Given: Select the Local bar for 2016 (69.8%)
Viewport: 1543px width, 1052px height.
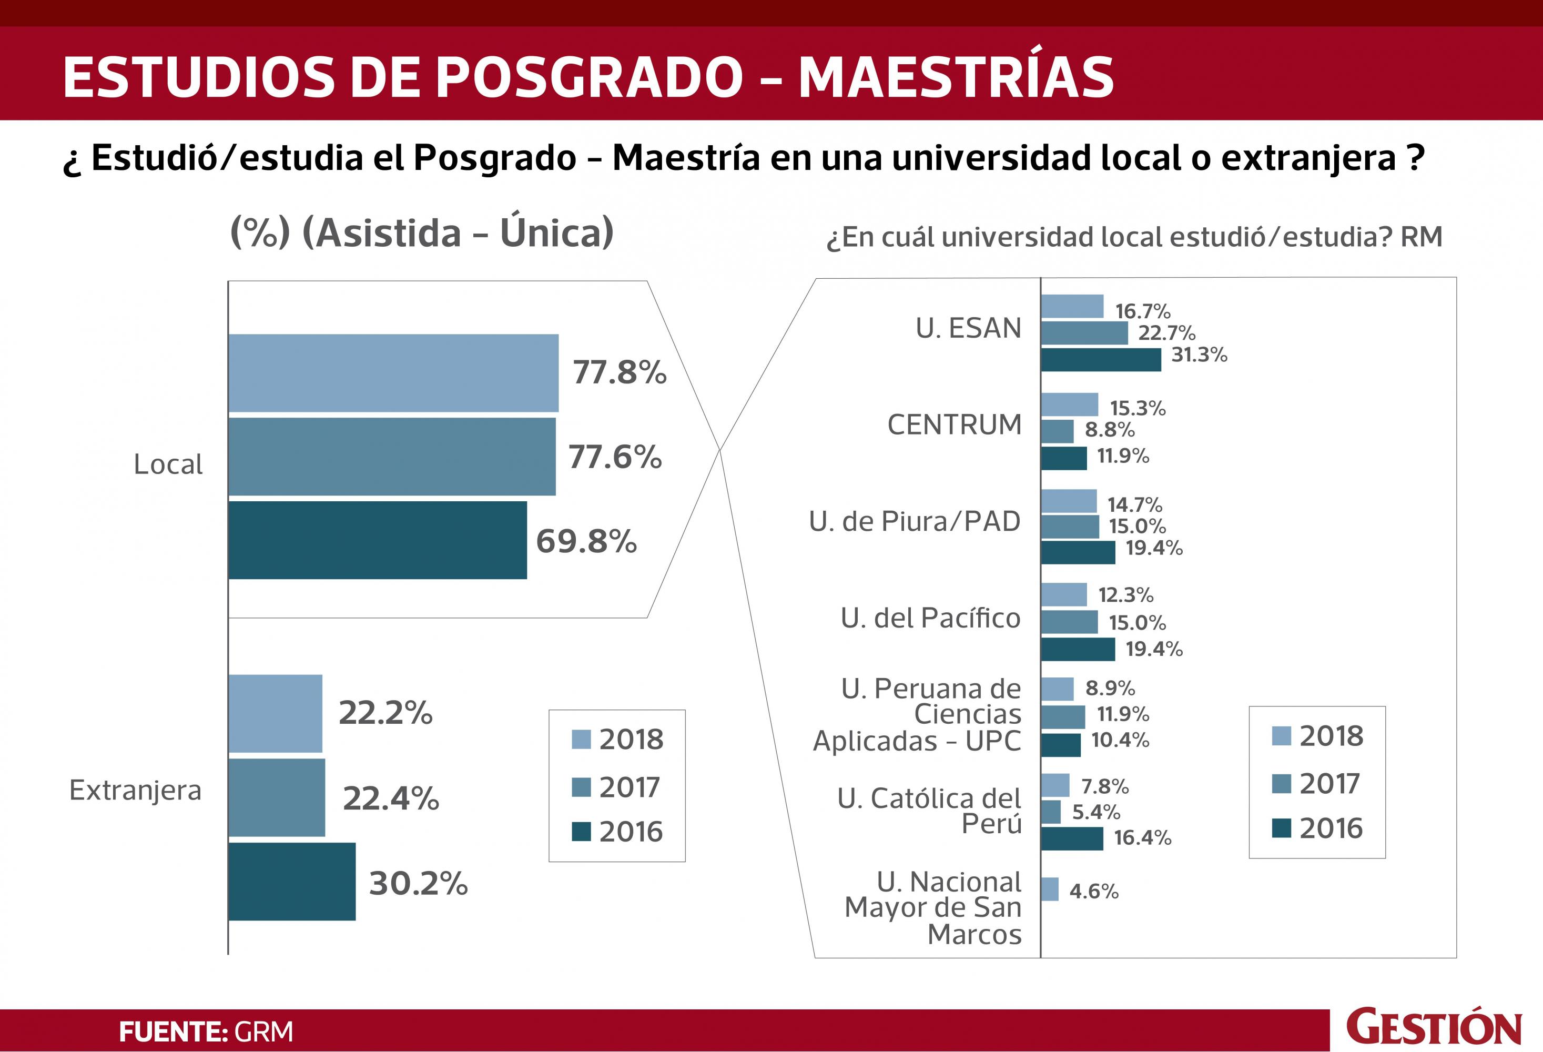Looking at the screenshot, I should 377,540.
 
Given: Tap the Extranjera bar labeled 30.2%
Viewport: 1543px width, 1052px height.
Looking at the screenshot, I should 291,882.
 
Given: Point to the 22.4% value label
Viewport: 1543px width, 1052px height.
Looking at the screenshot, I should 390,798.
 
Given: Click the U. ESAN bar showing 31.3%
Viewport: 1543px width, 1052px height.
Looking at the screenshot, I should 1100,359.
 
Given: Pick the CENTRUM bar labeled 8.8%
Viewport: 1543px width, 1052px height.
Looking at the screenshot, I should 1057,431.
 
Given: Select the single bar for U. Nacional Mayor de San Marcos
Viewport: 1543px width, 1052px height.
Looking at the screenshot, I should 1050,888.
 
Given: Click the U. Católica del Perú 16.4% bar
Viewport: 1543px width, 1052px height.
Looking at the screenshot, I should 1072,838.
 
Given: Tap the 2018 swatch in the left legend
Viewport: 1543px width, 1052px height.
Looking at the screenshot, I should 581,739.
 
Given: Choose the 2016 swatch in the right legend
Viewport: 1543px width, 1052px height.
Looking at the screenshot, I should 1281,828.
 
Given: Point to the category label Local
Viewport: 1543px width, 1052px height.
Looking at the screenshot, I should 168,464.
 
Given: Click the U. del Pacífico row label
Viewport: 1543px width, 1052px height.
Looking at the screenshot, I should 930,619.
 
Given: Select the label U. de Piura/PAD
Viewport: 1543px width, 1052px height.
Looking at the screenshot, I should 914,521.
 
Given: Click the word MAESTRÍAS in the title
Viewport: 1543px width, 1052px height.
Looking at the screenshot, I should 956,77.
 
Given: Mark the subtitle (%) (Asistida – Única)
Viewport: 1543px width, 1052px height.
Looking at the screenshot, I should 422,232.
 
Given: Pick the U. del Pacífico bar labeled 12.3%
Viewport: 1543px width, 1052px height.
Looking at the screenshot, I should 1063,594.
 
